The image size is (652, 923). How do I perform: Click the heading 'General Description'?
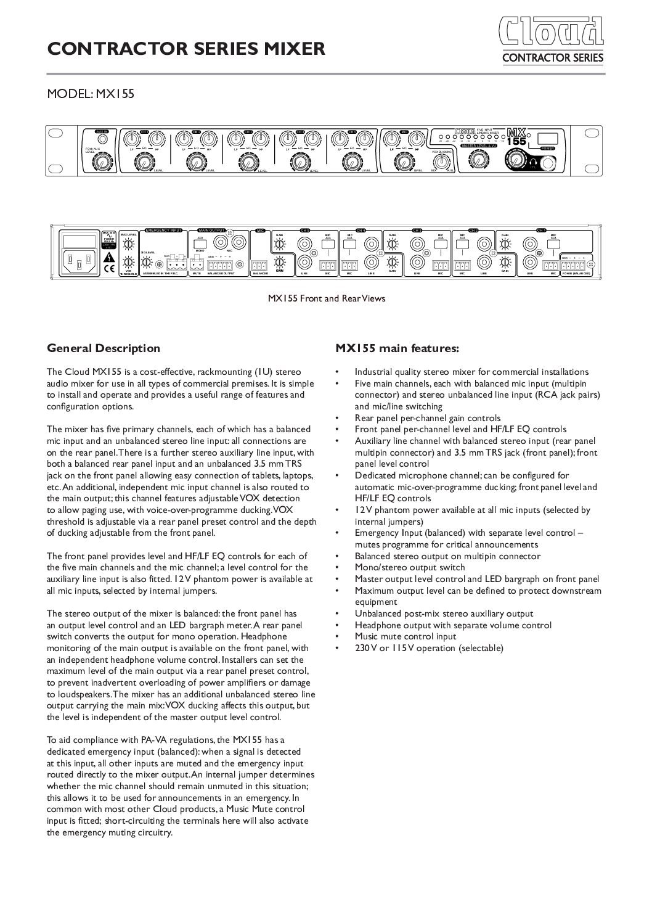pyautogui.click(x=104, y=348)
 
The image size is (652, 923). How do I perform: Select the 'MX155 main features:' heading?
pyautogui.click(x=397, y=348)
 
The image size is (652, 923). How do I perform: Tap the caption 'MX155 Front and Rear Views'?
pyautogui.click(x=326, y=298)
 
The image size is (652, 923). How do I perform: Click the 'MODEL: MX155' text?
pyautogui.click(x=91, y=94)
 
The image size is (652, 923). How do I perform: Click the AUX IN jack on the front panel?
pyautogui.click(x=102, y=139)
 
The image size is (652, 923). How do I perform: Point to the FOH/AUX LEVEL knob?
pyautogui.click(x=99, y=162)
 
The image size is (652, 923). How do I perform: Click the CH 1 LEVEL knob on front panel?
pyautogui.click(x=144, y=162)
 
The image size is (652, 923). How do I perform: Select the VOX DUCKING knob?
pyautogui.click(x=442, y=161)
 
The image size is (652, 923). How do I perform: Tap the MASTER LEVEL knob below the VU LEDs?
pyautogui.click(x=477, y=160)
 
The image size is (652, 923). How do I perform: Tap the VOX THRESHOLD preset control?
pyautogui.click(x=128, y=261)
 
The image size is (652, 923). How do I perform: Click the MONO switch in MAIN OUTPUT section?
pyautogui.click(x=200, y=241)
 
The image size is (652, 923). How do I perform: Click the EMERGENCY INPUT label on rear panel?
pyautogui.click(x=163, y=230)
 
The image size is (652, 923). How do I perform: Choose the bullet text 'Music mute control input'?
pyautogui.click(x=405, y=636)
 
